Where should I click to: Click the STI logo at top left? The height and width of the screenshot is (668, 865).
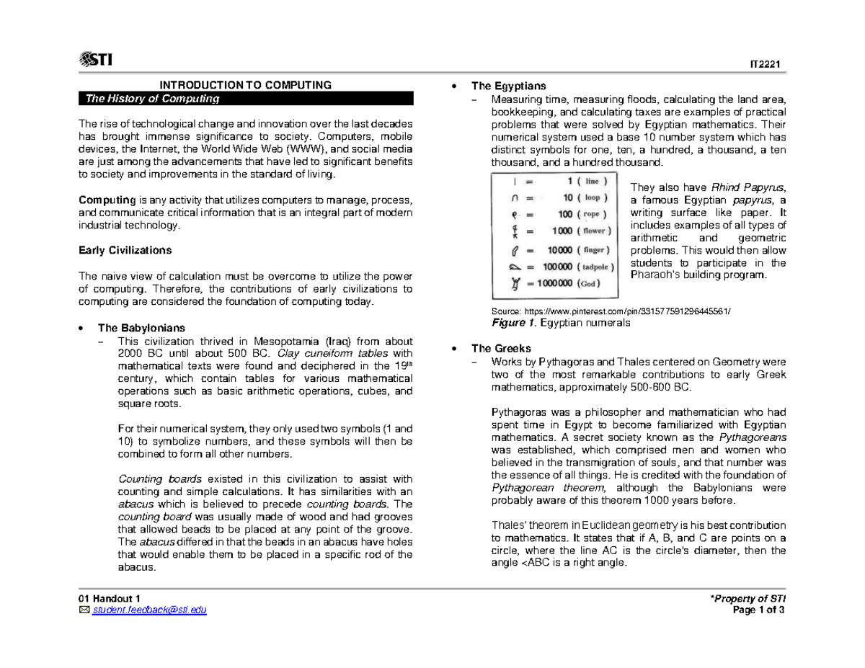click(x=97, y=59)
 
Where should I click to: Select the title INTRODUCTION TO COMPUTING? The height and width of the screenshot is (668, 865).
click(x=245, y=85)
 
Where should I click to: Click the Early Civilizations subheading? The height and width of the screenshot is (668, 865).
click(x=125, y=251)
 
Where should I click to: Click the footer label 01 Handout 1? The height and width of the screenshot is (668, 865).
click(x=110, y=599)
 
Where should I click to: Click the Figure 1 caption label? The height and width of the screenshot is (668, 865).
click(x=513, y=324)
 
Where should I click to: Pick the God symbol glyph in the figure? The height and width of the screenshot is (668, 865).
click(x=514, y=282)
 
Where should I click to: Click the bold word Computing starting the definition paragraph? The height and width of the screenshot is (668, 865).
click(x=107, y=199)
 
